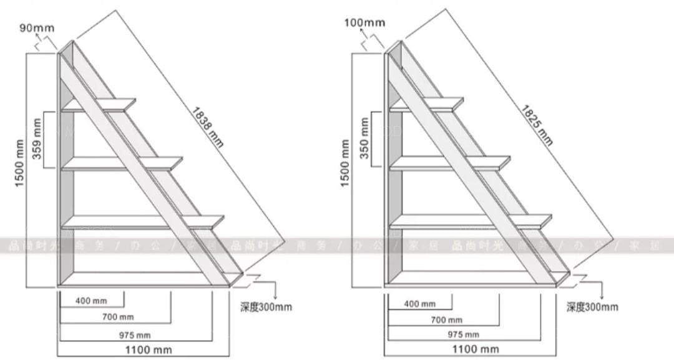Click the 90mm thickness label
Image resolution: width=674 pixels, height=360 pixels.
coord(37,27)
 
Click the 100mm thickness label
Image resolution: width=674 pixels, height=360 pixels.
coord(364,23)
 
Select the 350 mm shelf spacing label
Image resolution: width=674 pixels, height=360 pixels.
coord(364,138)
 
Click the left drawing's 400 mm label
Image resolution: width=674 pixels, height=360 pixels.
coord(91,301)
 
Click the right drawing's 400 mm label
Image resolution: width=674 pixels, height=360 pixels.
coord(420,304)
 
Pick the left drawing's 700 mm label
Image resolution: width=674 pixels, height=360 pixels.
coord(118,317)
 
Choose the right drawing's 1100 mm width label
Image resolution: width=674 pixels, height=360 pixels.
coord(475,349)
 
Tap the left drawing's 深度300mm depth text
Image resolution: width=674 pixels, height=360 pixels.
coord(266,306)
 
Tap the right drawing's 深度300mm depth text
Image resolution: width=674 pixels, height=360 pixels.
coord(592,306)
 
